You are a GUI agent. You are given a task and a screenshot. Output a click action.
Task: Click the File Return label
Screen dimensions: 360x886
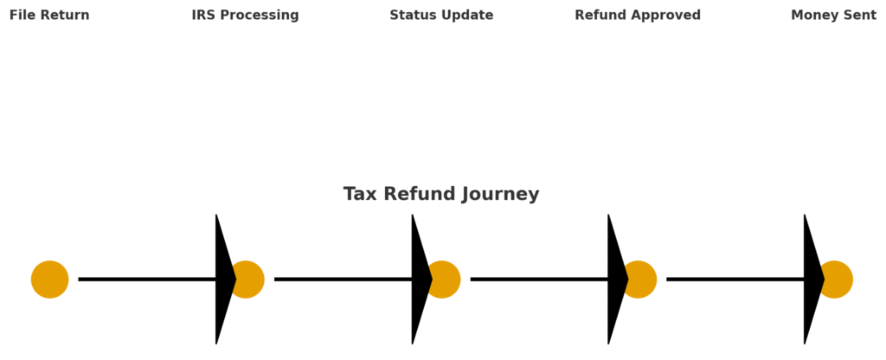[x=49, y=16]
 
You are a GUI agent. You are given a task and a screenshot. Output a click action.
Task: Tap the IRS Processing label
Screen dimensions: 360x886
[x=245, y=16]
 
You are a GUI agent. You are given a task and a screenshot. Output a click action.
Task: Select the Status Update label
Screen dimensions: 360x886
[x=441, y=16]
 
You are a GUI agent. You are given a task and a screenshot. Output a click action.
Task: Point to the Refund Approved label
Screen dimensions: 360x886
[x=638, y=16]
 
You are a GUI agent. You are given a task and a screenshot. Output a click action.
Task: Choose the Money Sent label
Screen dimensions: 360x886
[x=833, y=16]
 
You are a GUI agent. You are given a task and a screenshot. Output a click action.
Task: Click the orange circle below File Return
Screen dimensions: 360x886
[x=49, y=280]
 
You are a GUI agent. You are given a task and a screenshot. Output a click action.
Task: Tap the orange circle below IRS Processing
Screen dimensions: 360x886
[x=249, y=280]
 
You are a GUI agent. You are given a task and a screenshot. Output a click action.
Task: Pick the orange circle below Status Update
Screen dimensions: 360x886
[x=446, y=280]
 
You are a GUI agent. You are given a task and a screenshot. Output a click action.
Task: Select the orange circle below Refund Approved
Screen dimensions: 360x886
[x=642, y=280]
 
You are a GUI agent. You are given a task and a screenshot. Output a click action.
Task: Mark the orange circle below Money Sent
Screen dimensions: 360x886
[x=838, y=280]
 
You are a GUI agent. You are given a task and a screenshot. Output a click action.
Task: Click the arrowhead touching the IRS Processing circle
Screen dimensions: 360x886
[x=223, y=280]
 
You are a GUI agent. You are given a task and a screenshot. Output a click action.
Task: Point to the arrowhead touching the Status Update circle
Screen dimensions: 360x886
[x=420, y=280]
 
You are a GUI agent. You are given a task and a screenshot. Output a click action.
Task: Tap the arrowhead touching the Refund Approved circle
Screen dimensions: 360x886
[x=616, y=280]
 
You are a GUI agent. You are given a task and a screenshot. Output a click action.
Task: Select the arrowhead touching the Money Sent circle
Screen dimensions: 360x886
[x=812, y=280]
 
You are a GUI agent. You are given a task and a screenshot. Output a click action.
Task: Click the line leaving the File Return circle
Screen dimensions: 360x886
[x=147, y=280]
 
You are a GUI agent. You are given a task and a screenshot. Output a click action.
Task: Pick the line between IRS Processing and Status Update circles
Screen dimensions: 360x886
[x=343, y=280]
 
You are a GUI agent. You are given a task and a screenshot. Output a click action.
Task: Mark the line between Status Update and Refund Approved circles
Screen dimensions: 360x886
[x=539, y=280]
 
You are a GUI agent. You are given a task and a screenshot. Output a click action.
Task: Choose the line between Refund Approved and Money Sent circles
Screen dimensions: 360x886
[x=735, y=280]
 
